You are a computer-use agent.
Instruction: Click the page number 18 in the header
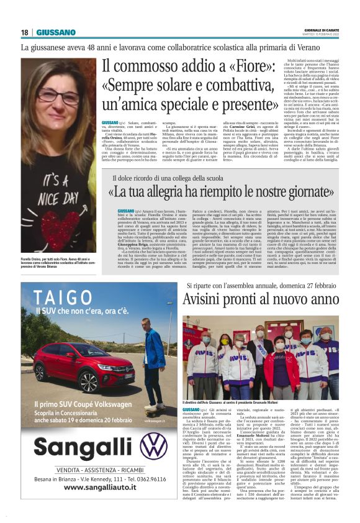point(25,32)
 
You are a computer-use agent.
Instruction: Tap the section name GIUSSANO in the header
point(56,32)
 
